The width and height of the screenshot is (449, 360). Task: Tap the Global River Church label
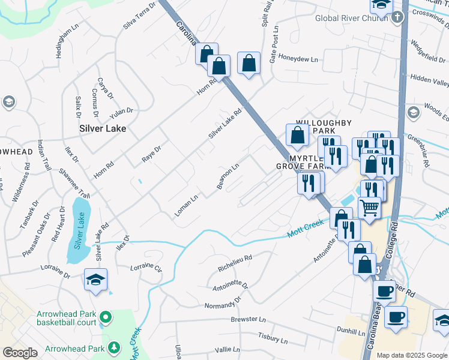(351, 17)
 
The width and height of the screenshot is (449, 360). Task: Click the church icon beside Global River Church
(397, 17)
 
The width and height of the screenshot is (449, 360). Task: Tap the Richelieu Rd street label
(235, 262)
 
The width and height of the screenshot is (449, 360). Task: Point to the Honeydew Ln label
(302, 59)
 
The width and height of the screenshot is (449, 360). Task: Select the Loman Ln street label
(186, 206)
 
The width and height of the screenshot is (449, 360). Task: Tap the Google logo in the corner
(20, 353)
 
